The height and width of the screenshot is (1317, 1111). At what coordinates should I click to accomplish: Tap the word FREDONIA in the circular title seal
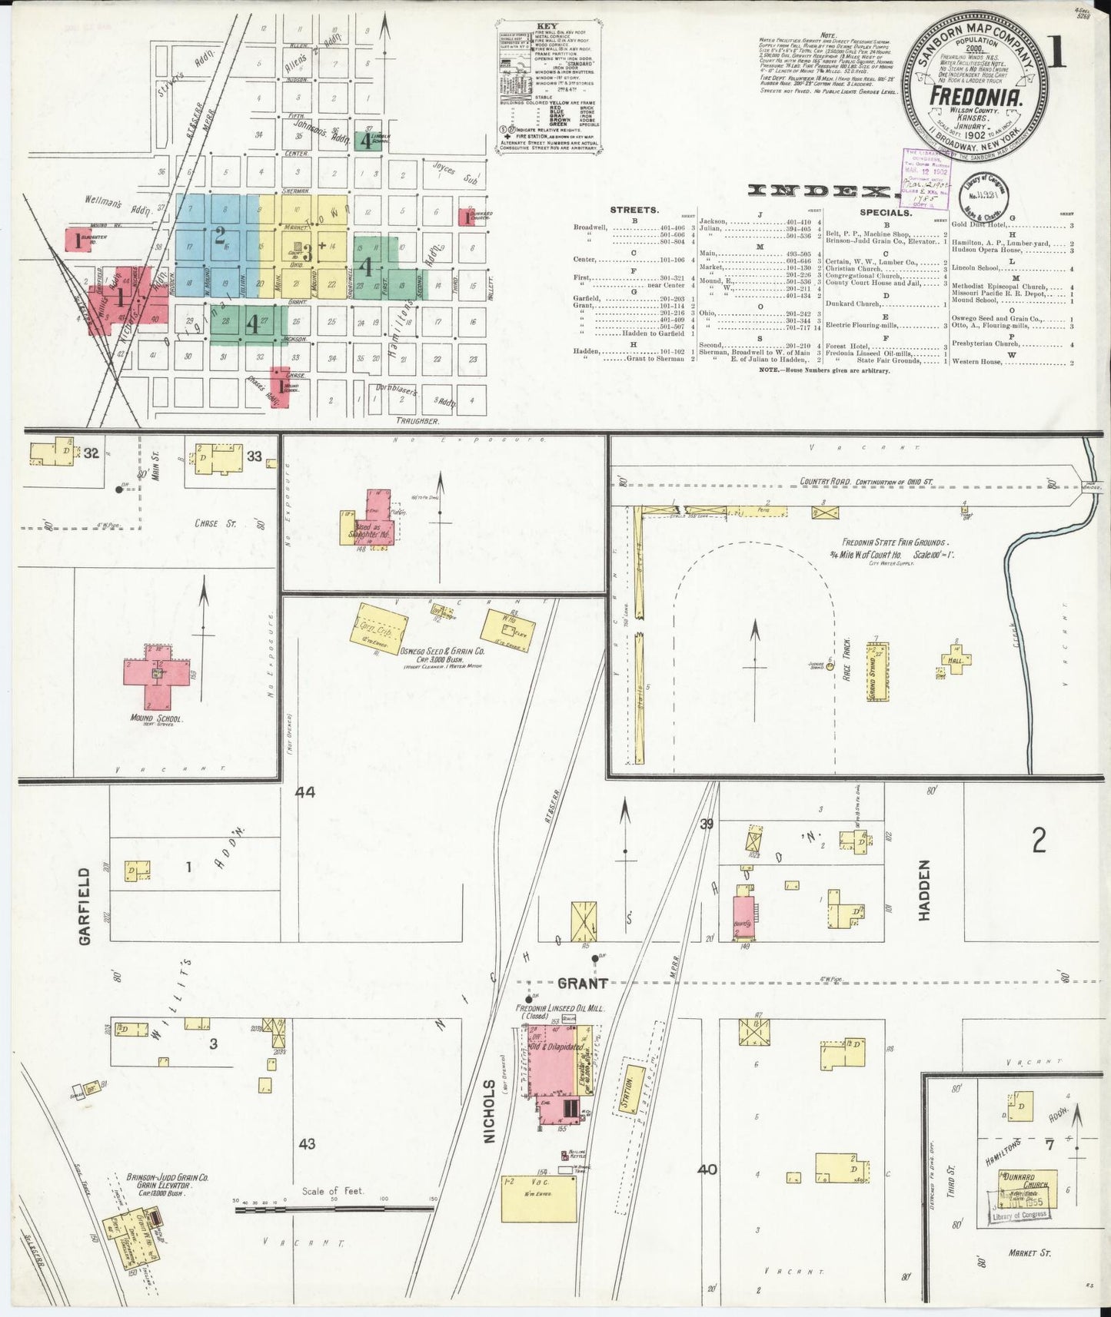[x=975, y=96]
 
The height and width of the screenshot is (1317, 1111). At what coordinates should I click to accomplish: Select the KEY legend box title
[x=547, y=25]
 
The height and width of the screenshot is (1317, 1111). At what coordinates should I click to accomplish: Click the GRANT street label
[x=582, y=983]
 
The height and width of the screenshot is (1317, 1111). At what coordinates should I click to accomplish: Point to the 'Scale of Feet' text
[x=333, y=1190]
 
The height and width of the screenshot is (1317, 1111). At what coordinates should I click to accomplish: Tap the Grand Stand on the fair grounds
[x=876, y=672]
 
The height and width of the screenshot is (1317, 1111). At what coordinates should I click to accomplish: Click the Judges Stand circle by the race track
[x=830, y=665]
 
